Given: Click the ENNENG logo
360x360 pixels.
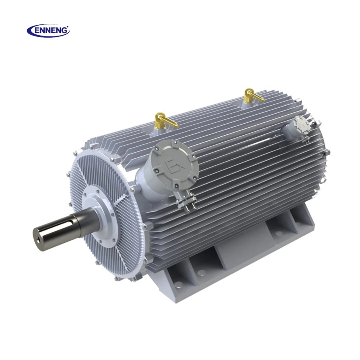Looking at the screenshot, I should click(x=48, y=30).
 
